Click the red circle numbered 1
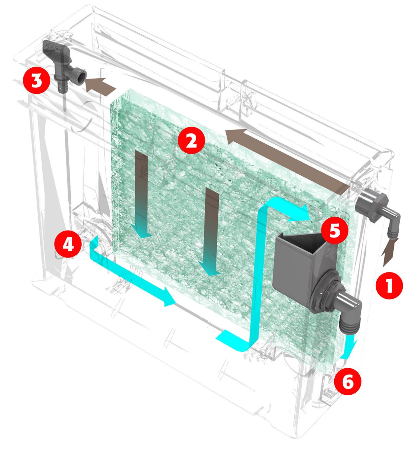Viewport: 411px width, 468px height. tap(390, 285)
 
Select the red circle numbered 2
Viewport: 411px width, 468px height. tap(191, 141)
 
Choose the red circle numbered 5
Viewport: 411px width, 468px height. tap(335, 230)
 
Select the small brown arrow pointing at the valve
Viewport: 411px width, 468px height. tap(100, 86)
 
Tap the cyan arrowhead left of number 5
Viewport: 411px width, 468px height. tap(299, 213)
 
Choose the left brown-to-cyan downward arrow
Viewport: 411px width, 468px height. tap(142, 195)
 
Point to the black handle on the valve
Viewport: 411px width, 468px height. tap(53, 50)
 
